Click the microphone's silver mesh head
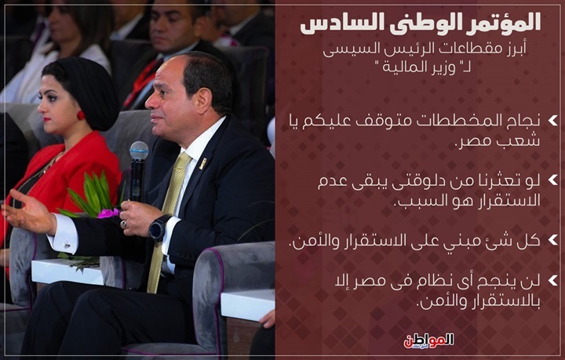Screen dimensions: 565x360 (x=139, y=151)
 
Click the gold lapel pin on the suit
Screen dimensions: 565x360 (x=203, y=163)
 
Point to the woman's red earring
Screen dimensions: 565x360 (x=81, y=115)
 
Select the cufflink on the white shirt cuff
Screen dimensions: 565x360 (x=67, y=245)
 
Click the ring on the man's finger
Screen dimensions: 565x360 (x=124, y=224)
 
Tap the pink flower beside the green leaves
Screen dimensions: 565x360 (x=108, y=213)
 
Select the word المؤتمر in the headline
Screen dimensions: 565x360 (x=504, y=23)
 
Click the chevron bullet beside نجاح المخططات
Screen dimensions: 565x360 (x=552, y=121)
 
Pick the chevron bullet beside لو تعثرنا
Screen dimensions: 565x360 (x=552, y=180)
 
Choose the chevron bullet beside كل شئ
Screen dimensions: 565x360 (x=552, y=240)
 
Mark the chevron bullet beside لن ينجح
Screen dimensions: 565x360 (x=552, y=280)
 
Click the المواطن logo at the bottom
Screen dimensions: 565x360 (x=428, y=340)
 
